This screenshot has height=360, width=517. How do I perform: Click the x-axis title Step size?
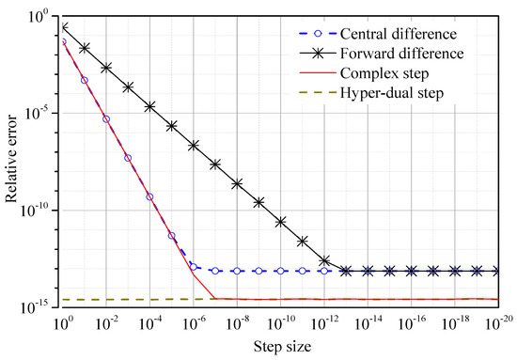[280, 348]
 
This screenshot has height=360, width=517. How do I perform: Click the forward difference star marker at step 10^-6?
[194, 146]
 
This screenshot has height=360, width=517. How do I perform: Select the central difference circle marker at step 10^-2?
[106, 119]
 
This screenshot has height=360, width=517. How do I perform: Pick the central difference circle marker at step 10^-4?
[150, 196]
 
